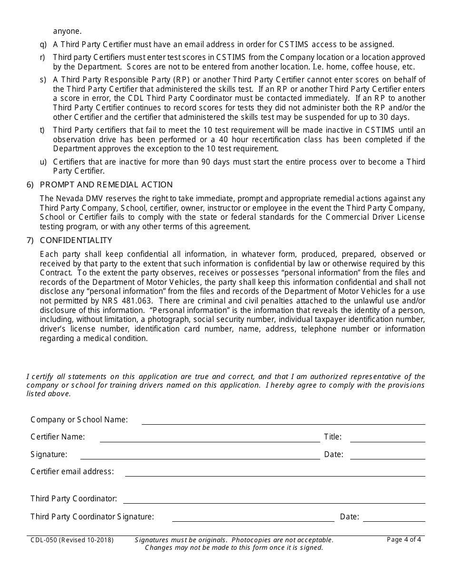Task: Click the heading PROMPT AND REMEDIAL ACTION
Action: click(x=106, y=185)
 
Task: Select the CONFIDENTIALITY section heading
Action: click(x=76, y=240)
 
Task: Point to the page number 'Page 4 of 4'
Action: click(x=403, y=539)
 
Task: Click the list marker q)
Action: click(x=43, y=45)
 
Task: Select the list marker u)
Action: click(x=43, y=162)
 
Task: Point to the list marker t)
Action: click(x=42, y=130)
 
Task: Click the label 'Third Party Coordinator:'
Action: click(x=74, y=498)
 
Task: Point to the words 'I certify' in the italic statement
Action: click(x=40, y=377)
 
